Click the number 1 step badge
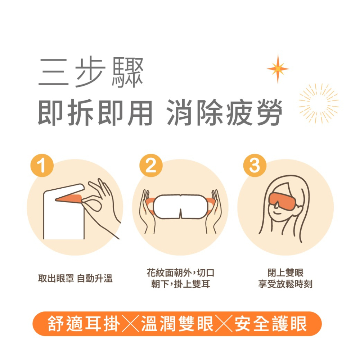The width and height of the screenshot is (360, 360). pos(42,167)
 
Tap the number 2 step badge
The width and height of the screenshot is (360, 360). pos(151,167)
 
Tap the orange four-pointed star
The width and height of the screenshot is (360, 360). pos(278,68)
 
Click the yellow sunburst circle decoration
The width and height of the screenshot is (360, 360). pos(318,103)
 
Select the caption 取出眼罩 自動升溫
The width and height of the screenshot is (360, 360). pos(75,278)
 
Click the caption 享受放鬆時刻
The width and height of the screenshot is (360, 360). pos(285,284)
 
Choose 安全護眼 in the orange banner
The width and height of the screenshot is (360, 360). pos(271,324)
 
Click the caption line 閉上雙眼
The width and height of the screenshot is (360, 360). pos(285,273)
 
